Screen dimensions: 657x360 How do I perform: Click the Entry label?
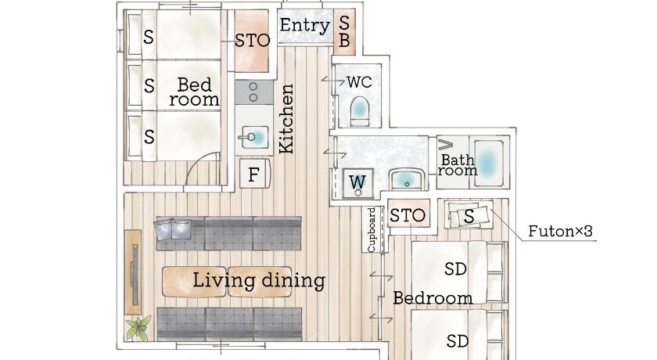[x=304, y=25]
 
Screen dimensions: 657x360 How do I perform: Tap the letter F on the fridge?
[x=253, y=175]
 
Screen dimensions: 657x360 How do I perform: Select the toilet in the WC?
[x=359, y=111]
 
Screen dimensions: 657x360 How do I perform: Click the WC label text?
[x=359, y=81]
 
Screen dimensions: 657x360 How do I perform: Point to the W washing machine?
[x=357, y=182]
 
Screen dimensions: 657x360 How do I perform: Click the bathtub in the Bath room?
[x=488, y=162]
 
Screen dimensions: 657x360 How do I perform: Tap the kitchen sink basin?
[x=253, y=137]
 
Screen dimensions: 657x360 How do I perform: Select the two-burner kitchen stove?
[x=253, y=92]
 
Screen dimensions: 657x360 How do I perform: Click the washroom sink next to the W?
[x=407, y=180]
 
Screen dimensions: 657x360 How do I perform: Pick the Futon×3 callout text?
[x=560, y=231]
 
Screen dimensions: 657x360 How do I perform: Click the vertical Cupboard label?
[x=372, y=229]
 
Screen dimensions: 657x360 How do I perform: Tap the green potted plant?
[x=138, y=328]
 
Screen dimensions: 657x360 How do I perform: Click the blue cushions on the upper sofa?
[x=173, y=229]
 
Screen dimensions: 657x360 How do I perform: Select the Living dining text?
[x=259, y=280]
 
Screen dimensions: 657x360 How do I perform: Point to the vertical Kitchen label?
[x=286, y=119]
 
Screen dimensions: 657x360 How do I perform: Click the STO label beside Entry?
[x=252, y=41]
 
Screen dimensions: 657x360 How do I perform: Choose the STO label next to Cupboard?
[x=407, y=215]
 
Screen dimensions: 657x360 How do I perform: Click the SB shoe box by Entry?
[x=344, y=32]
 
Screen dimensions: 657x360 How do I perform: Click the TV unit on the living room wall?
[x=134, y=273]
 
